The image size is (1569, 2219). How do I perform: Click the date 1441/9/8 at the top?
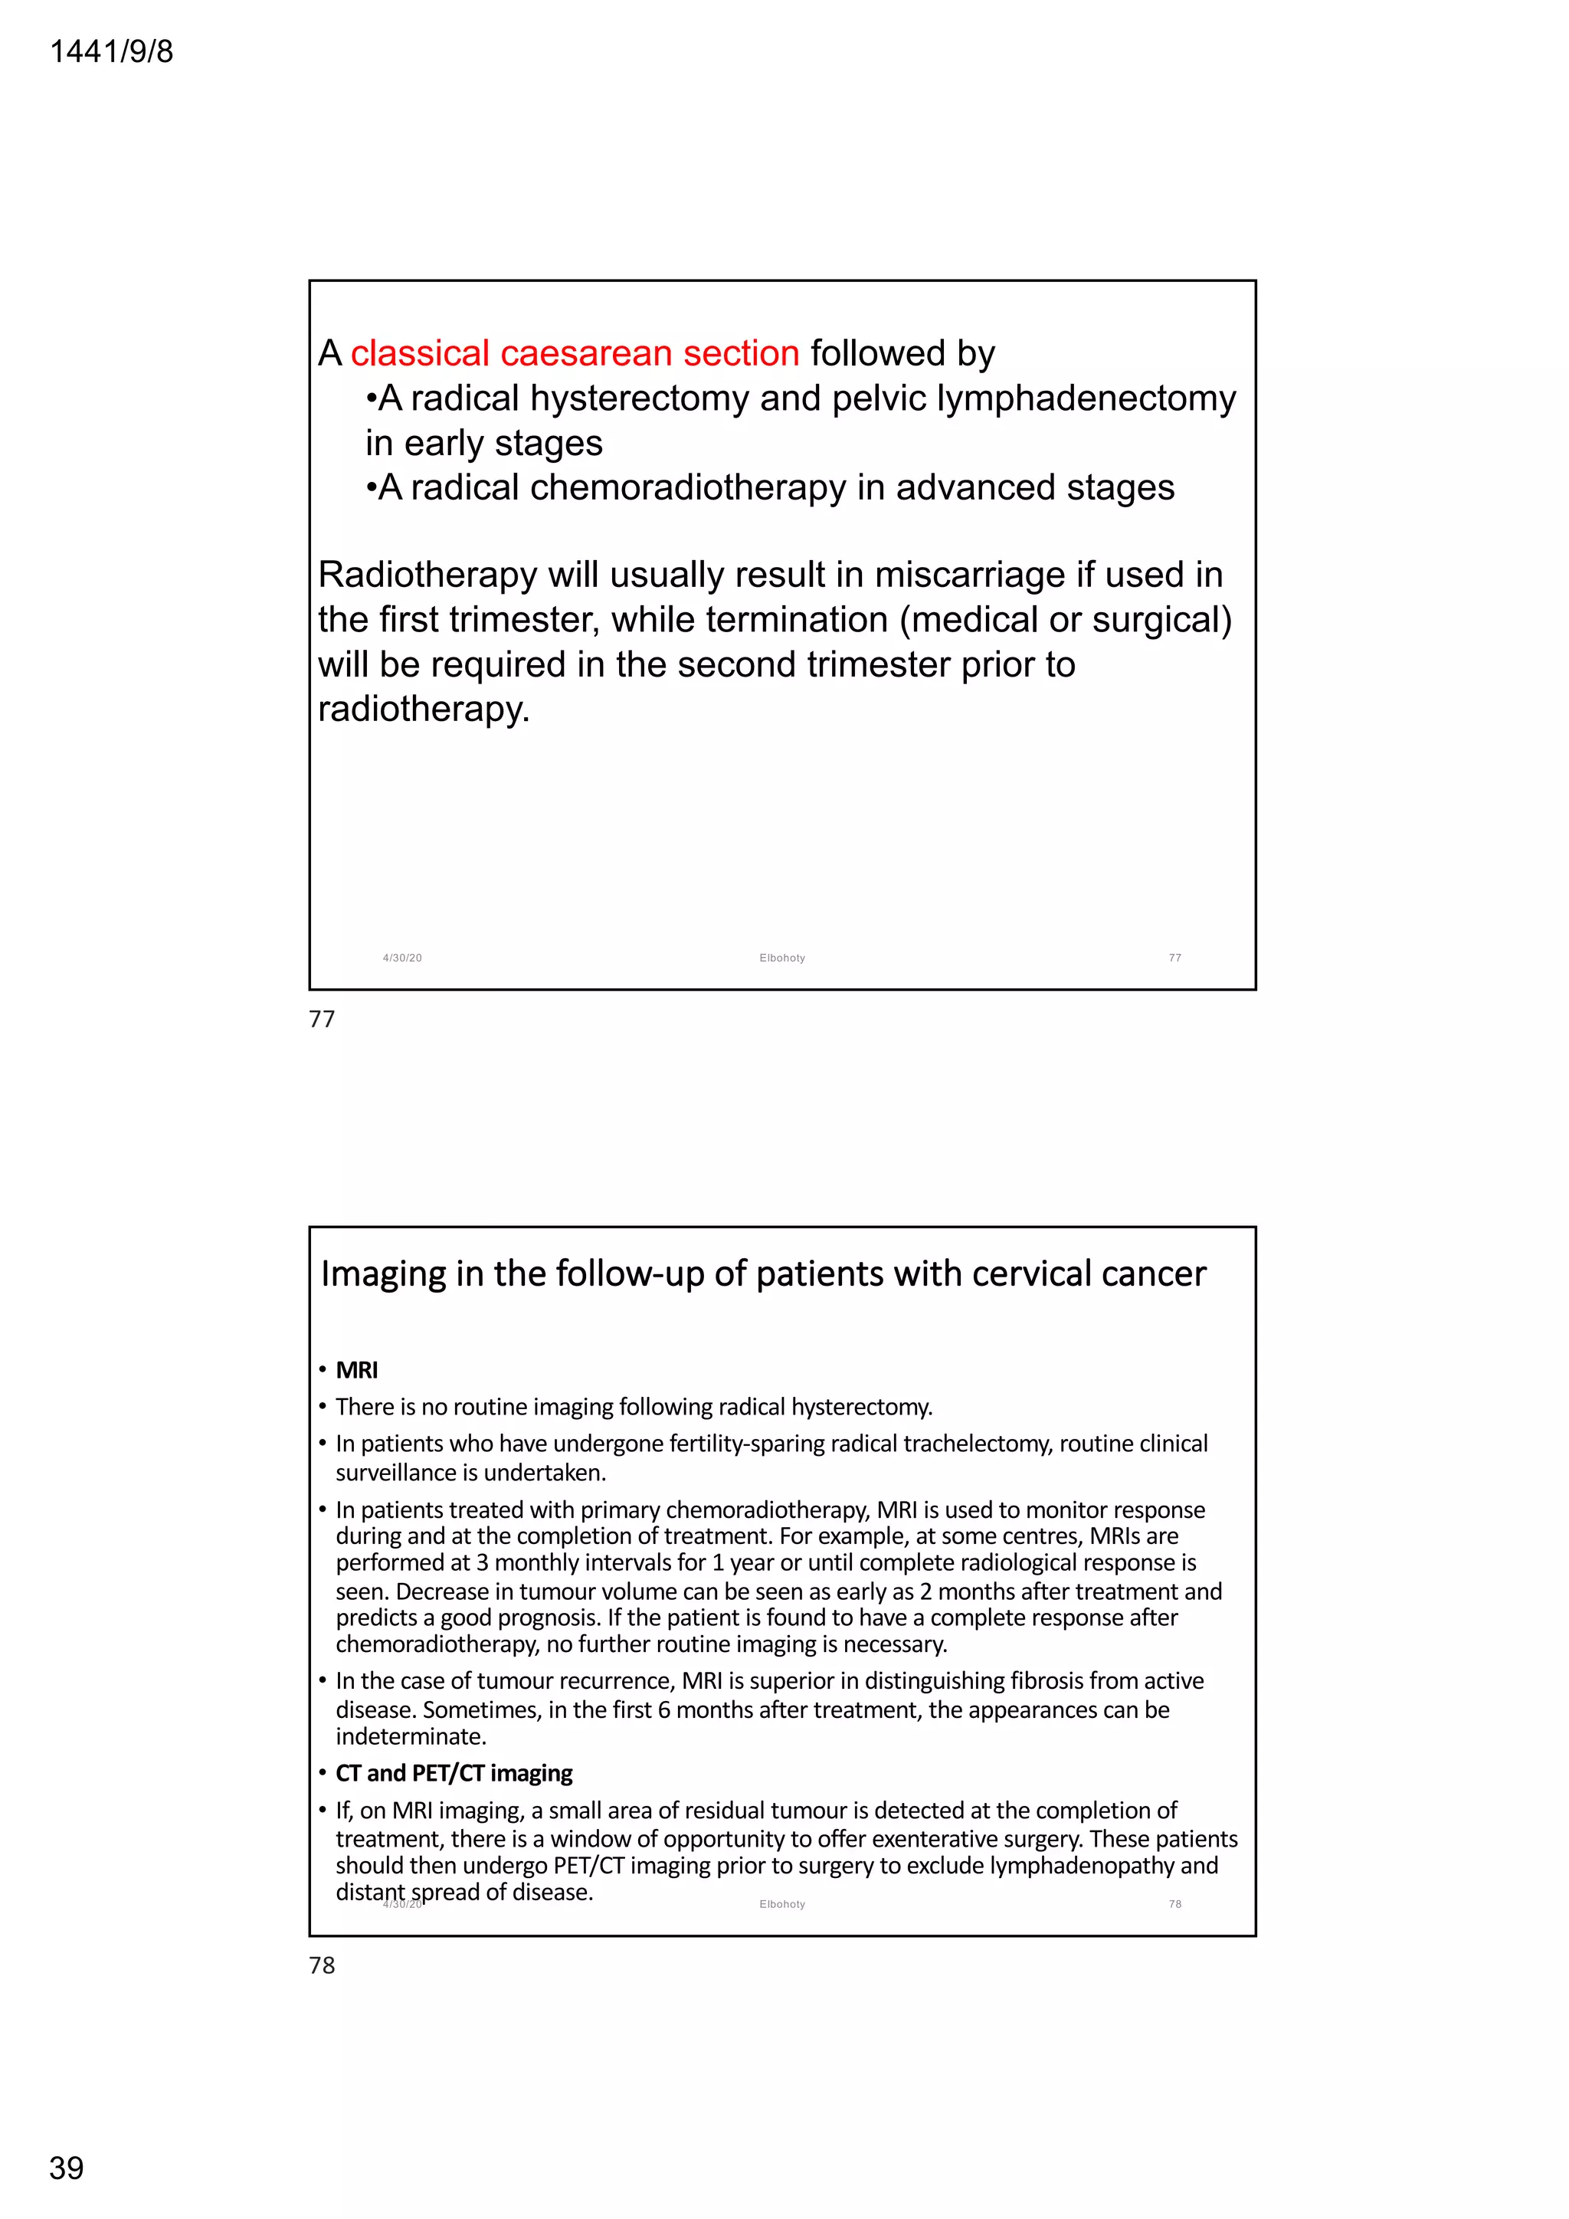(x=111, y=51)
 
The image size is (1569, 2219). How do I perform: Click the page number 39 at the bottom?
(x=67, y=2168)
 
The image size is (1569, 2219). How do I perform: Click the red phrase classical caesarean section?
(x=575, y=354)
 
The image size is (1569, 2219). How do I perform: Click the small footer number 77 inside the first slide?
(x=1174, y=958)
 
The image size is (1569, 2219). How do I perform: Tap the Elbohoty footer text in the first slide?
(x=781, y=958)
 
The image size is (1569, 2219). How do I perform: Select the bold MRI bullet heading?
(x=356, y=1371)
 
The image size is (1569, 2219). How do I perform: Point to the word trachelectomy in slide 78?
(x=977, y=1444)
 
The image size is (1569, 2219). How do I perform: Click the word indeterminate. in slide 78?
(x=411, y=1737)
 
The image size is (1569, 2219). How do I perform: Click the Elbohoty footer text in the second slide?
(x=781, y=1904)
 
